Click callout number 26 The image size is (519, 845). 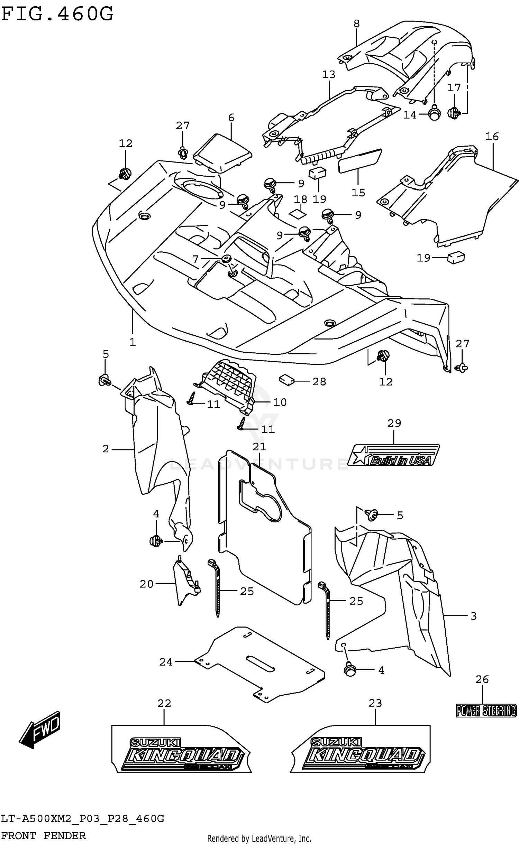[482, 679]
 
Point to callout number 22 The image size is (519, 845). [164, 703]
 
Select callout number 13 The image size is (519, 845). [329, 74]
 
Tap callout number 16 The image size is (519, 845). [492, 137]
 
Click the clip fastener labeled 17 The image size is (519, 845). [454, 113]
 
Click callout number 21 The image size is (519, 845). [259, 447]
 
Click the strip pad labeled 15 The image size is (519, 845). [360, 161]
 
